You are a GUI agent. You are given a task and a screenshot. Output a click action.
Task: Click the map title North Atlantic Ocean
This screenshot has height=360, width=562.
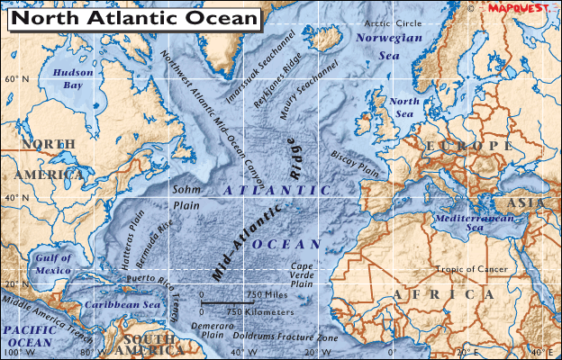(x=133, y=19)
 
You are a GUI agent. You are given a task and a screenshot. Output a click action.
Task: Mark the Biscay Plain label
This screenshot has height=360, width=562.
(x=357, y=162)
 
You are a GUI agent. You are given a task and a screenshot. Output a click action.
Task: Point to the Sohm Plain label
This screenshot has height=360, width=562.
(x=186, y=198)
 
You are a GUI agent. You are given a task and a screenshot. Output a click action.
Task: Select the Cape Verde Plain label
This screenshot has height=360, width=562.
(x=302, y=274)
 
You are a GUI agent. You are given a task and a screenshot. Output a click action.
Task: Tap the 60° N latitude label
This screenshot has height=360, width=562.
(x=17, y=79)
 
